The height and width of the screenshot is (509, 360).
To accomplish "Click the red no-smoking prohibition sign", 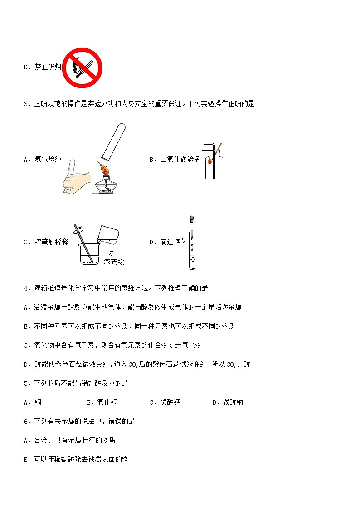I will click(x=82, y=68).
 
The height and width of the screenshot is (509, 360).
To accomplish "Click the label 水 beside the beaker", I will click(x=112, y=252).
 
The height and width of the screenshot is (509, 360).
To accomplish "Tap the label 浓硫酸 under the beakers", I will click(x=114, y=262).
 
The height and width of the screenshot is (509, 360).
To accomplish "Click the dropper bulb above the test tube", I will click(x=192, y=218).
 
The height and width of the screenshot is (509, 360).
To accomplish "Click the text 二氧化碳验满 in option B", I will click(x=180, y=160).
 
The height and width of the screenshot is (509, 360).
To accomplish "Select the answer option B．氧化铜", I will click(x=102, y=402).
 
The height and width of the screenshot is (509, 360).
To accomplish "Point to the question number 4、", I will click(x=27, y=288).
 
